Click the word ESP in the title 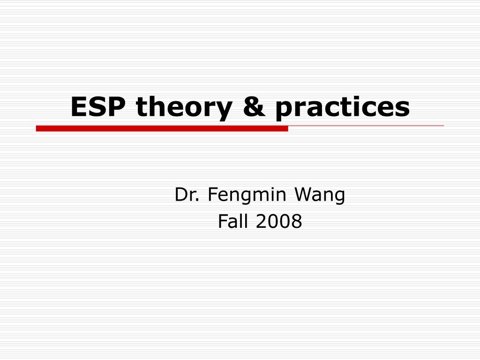[98, 107]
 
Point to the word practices [342, 108]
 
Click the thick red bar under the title [162, 128]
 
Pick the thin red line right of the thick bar [366, 126]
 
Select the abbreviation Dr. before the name [187, 195]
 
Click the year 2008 [278, 222]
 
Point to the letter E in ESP [79, 107]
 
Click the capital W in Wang [303, 195]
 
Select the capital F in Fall [222, 222]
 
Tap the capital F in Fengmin [212, 195]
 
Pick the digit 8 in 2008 [296, 222]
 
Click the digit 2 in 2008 [261, 222]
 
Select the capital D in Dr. [180, 195]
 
